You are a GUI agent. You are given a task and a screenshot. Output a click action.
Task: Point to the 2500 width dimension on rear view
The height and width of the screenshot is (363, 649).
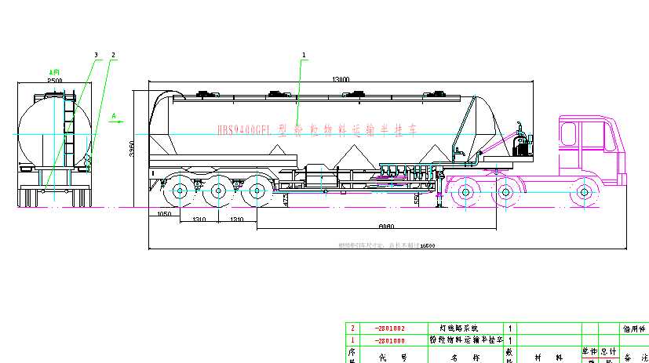(55, 80)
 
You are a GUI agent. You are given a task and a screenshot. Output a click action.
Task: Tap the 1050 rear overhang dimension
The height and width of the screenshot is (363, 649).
(164, 214)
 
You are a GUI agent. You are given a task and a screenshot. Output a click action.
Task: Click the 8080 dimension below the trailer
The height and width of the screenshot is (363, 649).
(385, 226)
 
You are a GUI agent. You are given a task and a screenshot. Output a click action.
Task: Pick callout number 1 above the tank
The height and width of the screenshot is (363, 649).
(304, 54)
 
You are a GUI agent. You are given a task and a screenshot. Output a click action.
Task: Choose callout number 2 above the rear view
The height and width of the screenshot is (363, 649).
(114, 54)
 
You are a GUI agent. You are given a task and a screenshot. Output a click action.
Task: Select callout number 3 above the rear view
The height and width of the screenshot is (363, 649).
(96, 54)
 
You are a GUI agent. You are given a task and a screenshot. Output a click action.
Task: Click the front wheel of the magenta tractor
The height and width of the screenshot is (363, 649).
(584, 191)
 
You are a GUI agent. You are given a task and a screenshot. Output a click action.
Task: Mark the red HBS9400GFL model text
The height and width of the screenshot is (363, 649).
(242, 131)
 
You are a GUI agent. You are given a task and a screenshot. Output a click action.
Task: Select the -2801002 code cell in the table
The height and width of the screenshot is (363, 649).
(390, 328)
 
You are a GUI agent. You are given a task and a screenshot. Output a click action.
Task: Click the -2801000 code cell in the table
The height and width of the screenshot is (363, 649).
(390, 339)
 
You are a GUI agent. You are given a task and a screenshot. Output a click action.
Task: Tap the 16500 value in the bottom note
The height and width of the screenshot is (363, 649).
(428, 245)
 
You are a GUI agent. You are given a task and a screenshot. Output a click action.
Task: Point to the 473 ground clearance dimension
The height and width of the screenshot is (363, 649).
(285, 201)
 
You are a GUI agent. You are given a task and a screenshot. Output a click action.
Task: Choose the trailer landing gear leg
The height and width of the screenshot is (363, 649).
(439, 196)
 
